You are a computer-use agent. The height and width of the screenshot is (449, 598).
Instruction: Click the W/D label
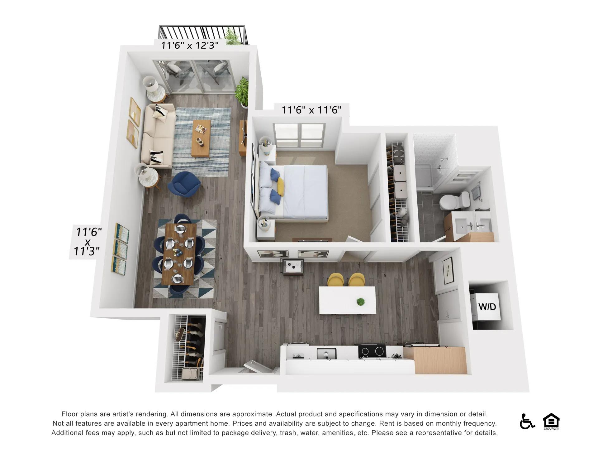pos(487,307)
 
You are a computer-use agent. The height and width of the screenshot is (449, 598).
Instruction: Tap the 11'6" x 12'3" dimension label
pos(189,45)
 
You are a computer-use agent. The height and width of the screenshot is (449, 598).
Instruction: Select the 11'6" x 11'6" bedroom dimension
pos(311,110)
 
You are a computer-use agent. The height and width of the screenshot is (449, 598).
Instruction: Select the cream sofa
pos(158,135)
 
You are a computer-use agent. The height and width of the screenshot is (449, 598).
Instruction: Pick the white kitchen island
pos(347,300)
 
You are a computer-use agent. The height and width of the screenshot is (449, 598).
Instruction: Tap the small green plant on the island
pos(361,302)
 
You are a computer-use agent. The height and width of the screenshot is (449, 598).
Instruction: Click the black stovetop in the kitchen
pos(372,352)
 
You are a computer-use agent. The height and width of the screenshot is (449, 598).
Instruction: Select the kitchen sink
pos(327,354)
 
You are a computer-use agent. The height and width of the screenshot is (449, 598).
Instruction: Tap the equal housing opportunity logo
pos(551,422)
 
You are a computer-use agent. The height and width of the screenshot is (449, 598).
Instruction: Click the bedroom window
pos(299,135)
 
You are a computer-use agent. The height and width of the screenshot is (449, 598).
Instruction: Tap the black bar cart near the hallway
pos(292,267)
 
